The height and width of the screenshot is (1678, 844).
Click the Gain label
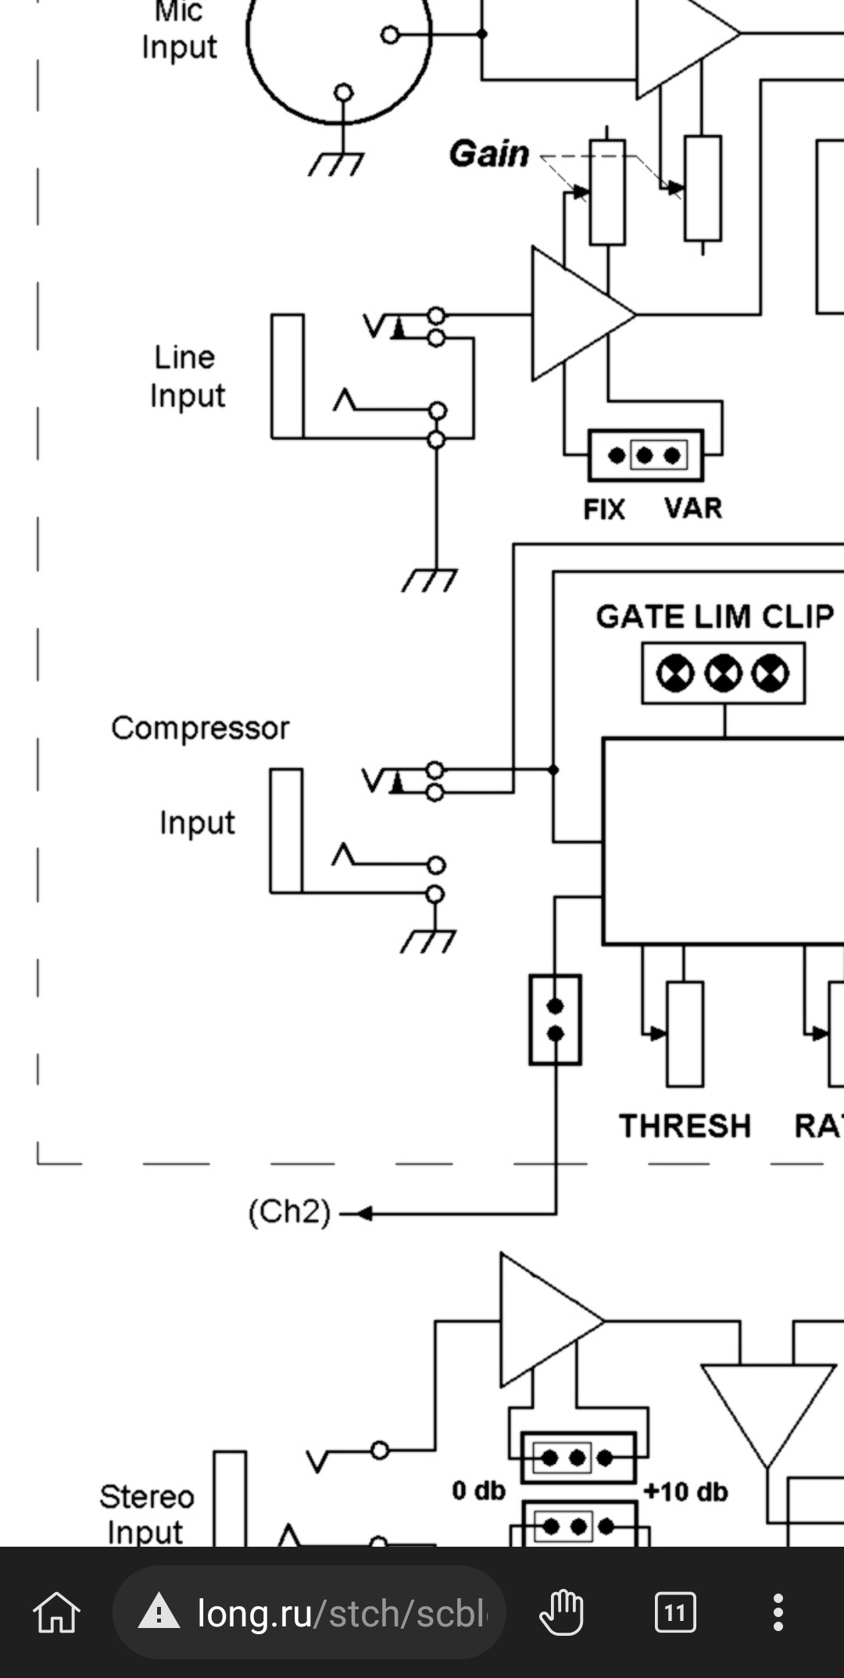[489, 153]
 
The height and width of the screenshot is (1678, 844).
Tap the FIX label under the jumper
[604, 510]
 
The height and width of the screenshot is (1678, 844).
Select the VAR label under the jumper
[693, 508]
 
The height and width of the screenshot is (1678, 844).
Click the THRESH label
[685, 1126]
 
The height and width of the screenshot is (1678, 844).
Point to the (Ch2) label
[289, 1212]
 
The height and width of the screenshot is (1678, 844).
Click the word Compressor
[200, 728]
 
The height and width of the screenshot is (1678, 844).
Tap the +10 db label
[685, 1492]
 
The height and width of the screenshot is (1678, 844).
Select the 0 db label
[478, 1490]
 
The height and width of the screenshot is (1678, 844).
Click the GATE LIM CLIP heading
[714, 617]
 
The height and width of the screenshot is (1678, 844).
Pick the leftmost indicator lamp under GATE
[675, 674]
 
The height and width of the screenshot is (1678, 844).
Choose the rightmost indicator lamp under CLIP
[771, 674]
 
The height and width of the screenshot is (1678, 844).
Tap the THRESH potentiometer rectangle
[685, 1033]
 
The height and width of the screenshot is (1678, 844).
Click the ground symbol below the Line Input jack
[429, 581]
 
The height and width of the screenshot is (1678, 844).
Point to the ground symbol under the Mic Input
[336, 163]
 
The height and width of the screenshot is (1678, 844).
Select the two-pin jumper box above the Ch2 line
[555, 1019]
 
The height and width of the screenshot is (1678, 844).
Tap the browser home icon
[56, 1613]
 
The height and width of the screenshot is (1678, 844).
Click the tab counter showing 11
[674, 1612]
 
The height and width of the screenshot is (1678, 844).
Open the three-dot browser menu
[778, 1612]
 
